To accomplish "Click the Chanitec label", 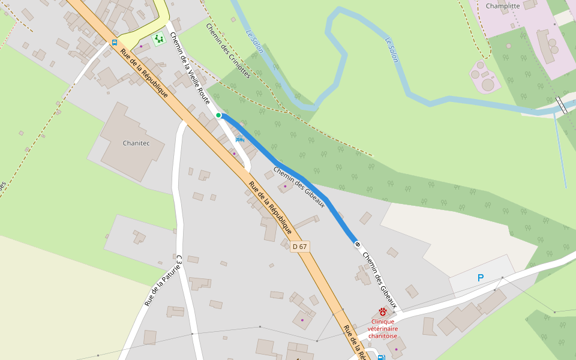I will pyautogui.click(x=136, y=143).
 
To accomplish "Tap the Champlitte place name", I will pyautogui.click(x=503, y=6).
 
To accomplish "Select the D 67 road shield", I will pyautogui.click(x=299, y=247).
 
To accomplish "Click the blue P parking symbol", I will pyautogui.click(x=480, y=278).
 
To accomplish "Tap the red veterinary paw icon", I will pyautogui.click(x=383, y=312).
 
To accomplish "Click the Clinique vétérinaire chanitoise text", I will pyautogui.click(x=383, y=328).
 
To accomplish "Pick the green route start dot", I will pyautogui.click(x=218, y=115).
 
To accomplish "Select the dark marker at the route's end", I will pyautogui.click(x=358, y=244).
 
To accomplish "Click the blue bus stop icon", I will pyautogui.click(x=114, y=43).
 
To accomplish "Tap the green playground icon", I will pyautogui.click(x=158, y=40).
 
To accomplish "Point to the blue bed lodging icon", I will pyautogui.click(x=240, y=139).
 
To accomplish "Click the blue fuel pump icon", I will pyautogui.click(x=381, y=358).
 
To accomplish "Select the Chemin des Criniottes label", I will pyautogui.click(x=227, y=51).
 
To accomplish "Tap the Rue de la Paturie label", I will pyautogui.click(x=163, y=281).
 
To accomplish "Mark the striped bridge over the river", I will pyautogui.click(x=562, y=105).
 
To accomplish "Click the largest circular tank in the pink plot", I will pyautogui.click(x=488, y=85).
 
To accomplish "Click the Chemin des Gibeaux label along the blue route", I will pyautogui.click(x=299, y=187).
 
